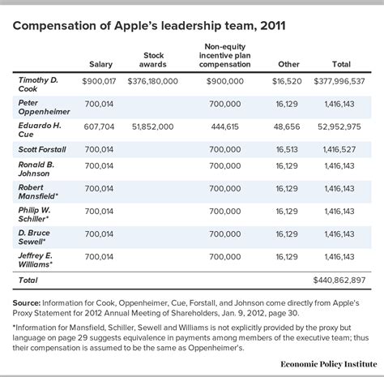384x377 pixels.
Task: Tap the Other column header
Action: coord(289,64)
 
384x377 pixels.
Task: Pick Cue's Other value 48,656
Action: coord(290,126)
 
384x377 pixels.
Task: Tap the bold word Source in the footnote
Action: coord(30,299)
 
